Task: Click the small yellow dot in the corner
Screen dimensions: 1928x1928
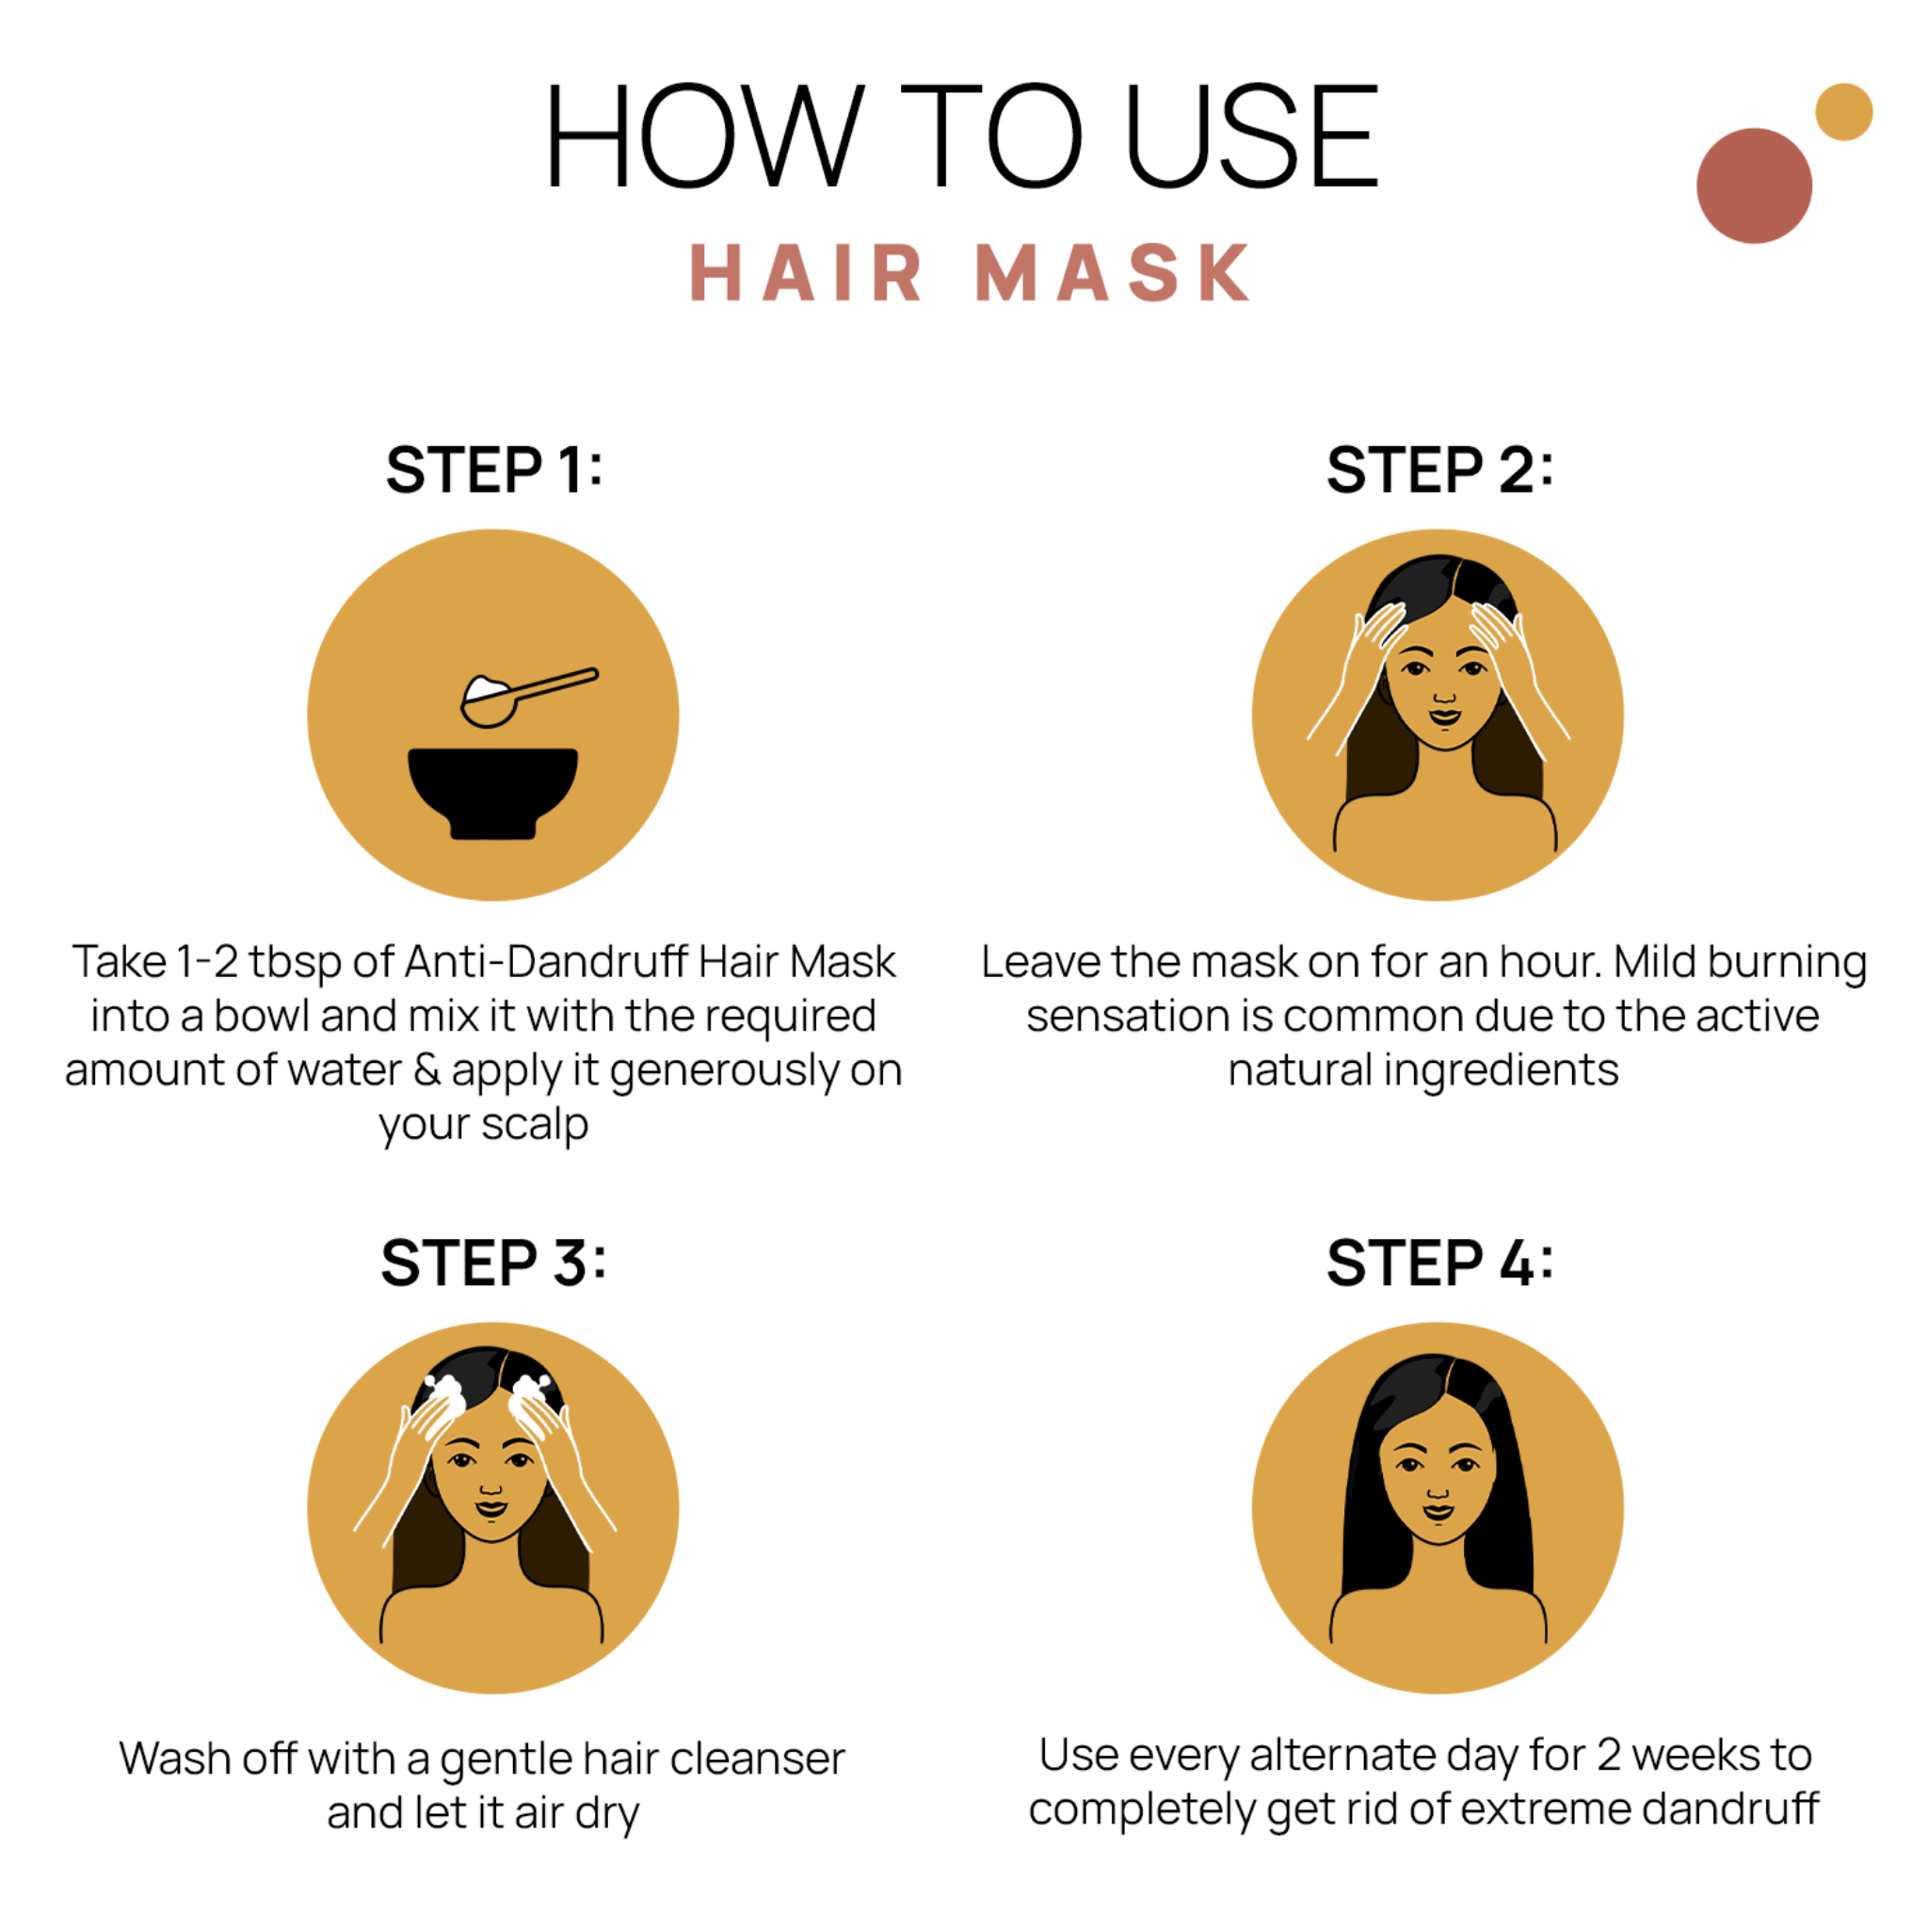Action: [x=1843, y=112]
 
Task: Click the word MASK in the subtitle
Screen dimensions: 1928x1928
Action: [x=1113, y=272]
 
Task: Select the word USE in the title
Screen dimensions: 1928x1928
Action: [x=1252, y=137]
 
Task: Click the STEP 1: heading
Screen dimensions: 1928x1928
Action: [x=494, y=470]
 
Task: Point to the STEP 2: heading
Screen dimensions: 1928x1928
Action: [x=1439, y=470]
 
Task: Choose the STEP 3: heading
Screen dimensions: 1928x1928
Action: [x=493, y=1263]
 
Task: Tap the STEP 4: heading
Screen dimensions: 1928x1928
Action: [x=1439, y=1263]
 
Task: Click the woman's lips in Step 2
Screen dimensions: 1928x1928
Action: [x=1444, y=716]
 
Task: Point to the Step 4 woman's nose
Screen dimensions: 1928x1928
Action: [x=1437, y=1492]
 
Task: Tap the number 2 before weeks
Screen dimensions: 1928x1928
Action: [x=1609, y=1756]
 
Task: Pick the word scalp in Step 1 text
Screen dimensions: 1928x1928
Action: [x=535, y=1125]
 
